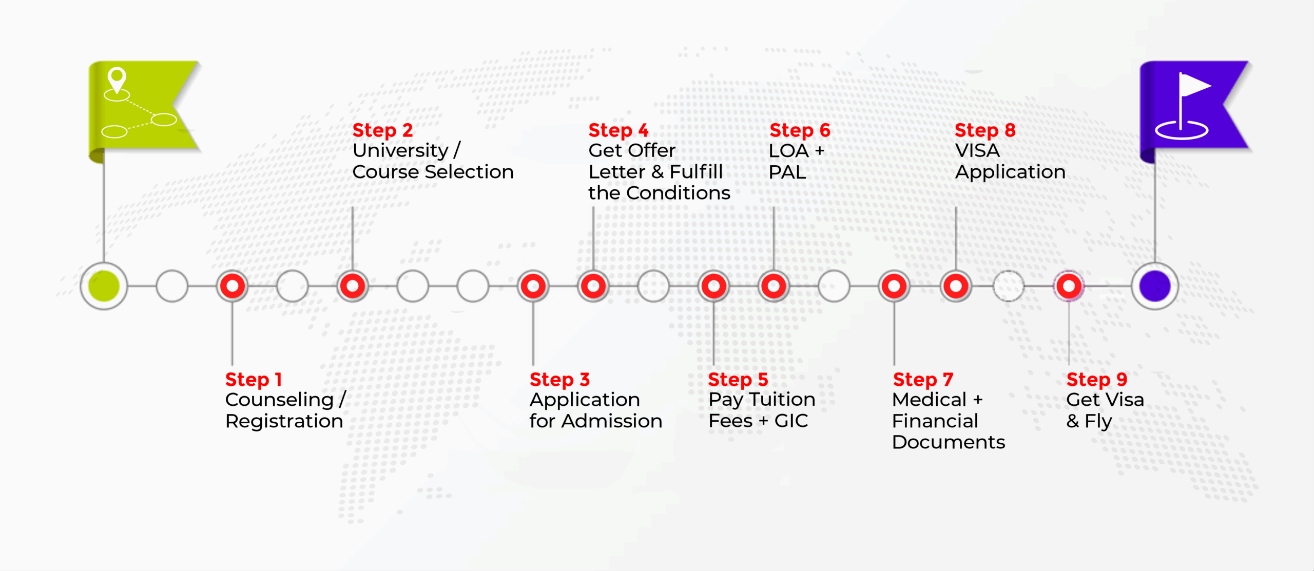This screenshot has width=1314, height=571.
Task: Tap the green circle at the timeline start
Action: (104, 286)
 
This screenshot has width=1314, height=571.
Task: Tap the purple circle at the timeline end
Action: (1155, 286)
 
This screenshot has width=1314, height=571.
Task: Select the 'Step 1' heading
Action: (254, 380)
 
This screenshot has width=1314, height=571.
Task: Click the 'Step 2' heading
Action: (382, 130)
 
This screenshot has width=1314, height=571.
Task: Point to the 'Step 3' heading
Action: (559, 380)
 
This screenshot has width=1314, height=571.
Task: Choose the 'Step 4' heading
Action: (619, 130)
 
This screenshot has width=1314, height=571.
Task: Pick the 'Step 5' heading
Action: (738, 380)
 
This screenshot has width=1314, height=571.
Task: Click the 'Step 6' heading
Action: (800, 130)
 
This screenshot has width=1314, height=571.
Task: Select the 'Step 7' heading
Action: (923, 380)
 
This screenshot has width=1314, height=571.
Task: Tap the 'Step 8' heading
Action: (985, 130)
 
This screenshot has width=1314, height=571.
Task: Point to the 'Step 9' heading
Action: (1097, 380)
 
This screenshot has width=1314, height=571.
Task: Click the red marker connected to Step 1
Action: (233, 286)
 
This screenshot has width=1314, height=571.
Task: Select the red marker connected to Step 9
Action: (1069, 286)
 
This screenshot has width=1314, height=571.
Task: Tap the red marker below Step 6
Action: (774, 286)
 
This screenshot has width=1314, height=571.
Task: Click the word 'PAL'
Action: (787, 172)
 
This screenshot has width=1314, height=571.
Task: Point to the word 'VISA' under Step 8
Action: (977, 151)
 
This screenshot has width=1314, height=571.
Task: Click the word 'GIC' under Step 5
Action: (791, 421)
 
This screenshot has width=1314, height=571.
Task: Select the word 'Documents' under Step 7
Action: (949, 442)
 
